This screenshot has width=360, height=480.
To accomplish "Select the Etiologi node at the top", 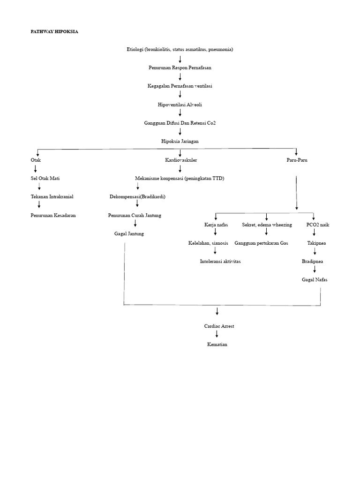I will [x=180, y=49].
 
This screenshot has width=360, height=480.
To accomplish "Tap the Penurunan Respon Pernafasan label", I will [x=180, y=67].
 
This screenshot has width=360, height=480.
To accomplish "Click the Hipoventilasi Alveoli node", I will [x=180, y=105].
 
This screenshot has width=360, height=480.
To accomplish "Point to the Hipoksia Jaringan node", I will [x=180, y=141].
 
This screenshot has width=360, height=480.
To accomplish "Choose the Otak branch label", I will [x=36, y=160].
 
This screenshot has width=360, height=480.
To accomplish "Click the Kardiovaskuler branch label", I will [x=181, y=160].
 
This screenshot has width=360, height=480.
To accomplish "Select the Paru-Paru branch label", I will [x=297, y=160].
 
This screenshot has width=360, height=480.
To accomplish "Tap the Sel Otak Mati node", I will [x=45, y=178].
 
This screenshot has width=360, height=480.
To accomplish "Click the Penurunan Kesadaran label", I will [x=53, y=215].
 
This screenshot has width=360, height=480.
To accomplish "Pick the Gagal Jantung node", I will [x=129, y=233].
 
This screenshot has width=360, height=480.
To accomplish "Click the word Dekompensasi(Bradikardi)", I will [x=137, y=196].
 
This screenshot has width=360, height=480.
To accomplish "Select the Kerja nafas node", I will [x=216, y=225].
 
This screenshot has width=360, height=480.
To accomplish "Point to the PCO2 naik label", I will [x=318, y=225].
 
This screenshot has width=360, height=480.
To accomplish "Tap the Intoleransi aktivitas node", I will [x=220, y=261].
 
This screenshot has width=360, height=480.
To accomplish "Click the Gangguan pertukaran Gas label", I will [x=261, y=243].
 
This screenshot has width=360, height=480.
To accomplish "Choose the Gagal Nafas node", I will [x=315, y=279].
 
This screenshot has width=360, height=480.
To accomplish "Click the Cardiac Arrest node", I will [x=219, y=326].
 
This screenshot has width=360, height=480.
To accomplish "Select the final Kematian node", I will [x=217, y=345].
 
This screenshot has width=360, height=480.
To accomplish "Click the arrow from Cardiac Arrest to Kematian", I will [x=217, y=335].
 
